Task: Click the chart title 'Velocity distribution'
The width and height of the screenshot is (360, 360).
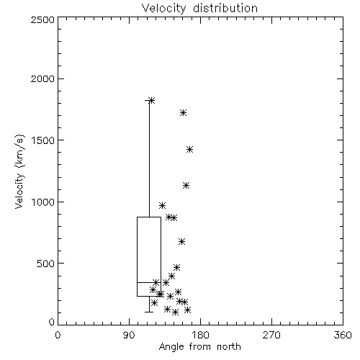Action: [x=199, y=8]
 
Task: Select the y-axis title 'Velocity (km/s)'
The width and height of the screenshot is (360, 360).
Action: [x=19, y=171]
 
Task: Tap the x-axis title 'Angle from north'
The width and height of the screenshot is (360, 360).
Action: [x=199, y=347]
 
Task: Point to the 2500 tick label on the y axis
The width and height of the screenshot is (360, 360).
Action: [x=42, y=19]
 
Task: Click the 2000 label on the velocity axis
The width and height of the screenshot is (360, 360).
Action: [x=42, y=78]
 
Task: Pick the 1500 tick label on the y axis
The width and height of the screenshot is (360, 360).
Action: [x=43, y=140]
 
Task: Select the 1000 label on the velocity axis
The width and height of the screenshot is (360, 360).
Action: [x=43, y=202]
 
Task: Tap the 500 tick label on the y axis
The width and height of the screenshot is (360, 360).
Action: [x=46, y=264]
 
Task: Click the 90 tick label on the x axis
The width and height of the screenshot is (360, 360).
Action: [x=129, y=335]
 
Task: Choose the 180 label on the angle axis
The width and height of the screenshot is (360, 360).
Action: [x=200, y=335]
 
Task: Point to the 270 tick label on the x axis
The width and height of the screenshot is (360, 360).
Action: [x=271, y=335]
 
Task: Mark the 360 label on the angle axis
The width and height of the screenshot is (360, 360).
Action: [x=343, y=335]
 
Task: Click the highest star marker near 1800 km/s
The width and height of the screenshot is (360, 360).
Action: [x=151, y=100]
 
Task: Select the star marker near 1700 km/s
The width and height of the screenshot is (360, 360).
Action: [x=184, y=112]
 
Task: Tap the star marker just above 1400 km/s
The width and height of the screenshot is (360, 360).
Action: [x=189, y=150]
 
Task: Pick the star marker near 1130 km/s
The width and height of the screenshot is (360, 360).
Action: [x=186, y=185]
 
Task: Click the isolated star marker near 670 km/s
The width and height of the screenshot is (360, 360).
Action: [x=181, y=241]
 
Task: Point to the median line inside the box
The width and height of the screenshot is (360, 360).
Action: [x=149, y=282]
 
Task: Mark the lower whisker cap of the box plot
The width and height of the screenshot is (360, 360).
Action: [x=149, y=312]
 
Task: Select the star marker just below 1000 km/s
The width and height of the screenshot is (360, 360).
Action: [x=162, y=205]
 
